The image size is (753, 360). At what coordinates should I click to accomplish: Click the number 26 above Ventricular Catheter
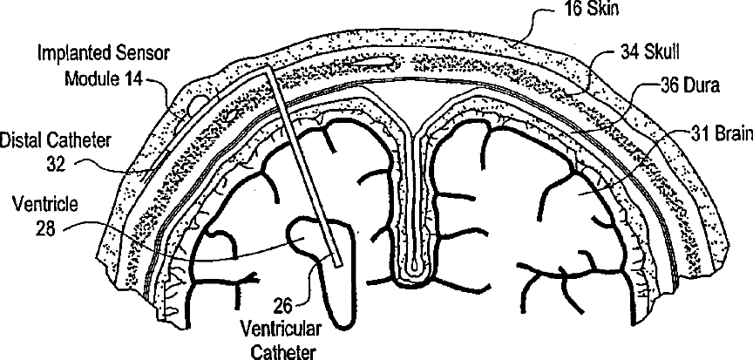coord(285,305)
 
